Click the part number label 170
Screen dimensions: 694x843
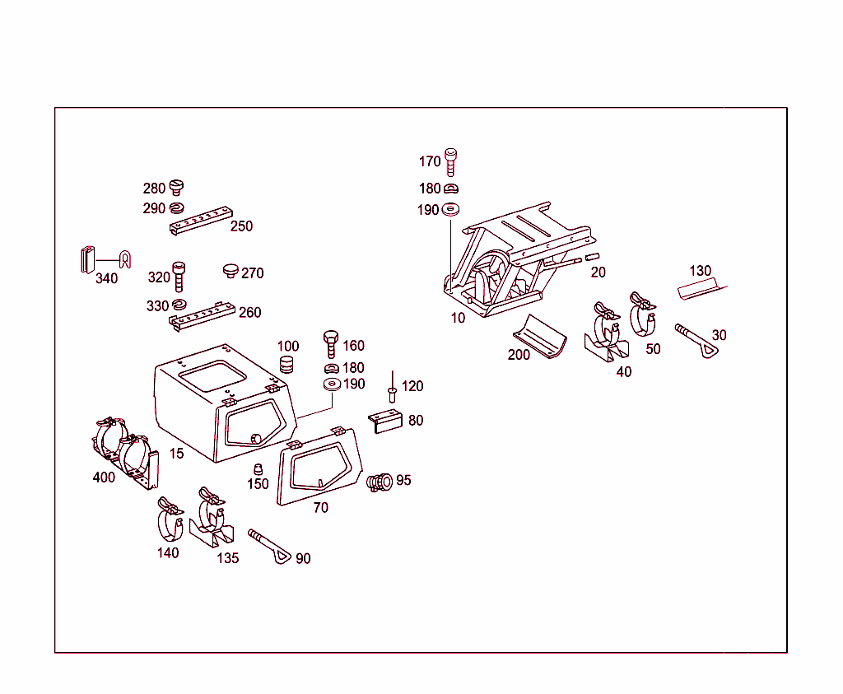(x=430, y=162)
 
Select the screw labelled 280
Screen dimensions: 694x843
(x=175, y=188)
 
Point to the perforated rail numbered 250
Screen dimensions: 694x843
(x=198, y=223)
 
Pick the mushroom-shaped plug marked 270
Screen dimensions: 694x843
(x=230, y=271)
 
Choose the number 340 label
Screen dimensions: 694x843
(x=106, y=279)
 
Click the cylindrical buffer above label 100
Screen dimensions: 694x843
(x=287, y=364)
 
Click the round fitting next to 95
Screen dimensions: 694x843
(x=380, y=482)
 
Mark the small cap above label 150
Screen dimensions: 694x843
(x=258, y=468)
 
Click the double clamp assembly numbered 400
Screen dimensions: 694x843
(x=125, y=452)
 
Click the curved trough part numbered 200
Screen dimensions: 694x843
(x=539, y=336)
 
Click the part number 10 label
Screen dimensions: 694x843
(x=458, y=318)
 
